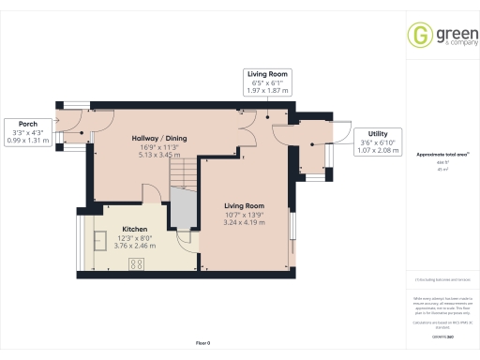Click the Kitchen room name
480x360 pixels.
point(133,229)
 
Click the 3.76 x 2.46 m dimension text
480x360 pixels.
point(133,246)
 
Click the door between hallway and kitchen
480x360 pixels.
point(151,195)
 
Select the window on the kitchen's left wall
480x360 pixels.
point(79,244)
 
